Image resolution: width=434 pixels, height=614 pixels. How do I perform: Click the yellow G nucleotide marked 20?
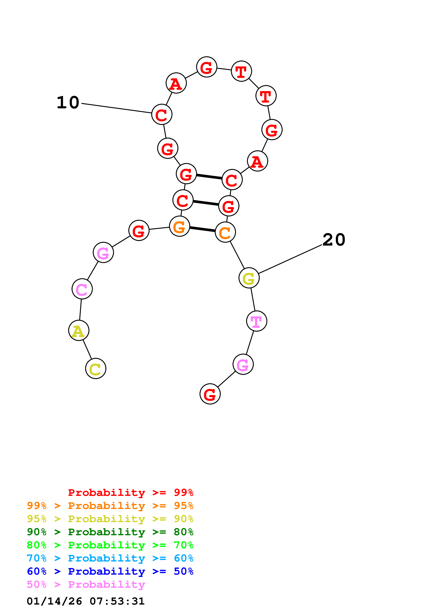(249, 278)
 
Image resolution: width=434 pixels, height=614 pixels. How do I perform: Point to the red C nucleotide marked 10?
(162, 114)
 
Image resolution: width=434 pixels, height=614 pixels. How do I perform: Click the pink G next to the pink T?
(243, 364)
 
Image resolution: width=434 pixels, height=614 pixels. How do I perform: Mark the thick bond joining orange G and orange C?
(202, 229)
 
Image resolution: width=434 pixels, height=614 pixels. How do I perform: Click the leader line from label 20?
(290, 259)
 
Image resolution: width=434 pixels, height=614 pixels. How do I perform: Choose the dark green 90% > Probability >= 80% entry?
(110, 532)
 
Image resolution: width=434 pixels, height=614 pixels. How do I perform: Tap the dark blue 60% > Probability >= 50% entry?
(110, 571)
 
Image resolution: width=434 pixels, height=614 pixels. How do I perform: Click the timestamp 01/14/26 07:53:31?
(86, 601)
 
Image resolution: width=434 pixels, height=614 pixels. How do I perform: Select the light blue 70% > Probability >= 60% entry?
(110, 558)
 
